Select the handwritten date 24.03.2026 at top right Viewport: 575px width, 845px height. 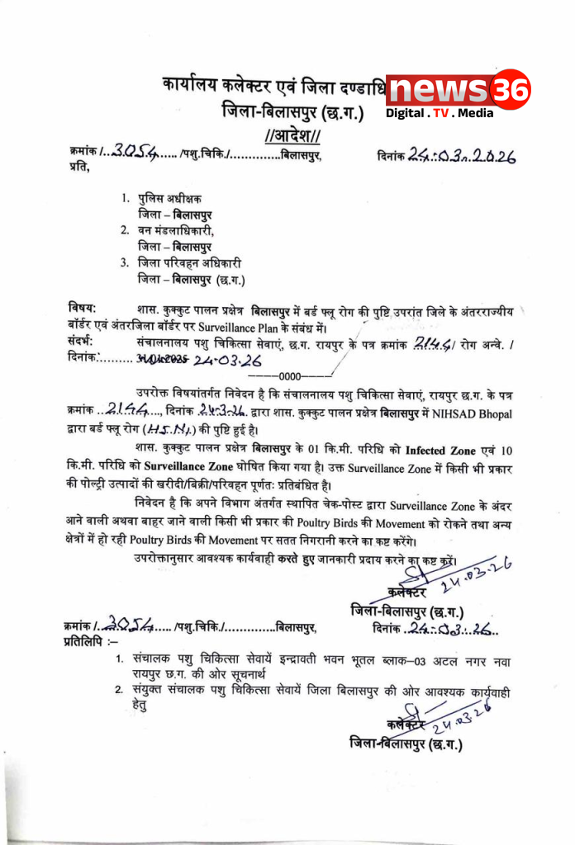pyautogui.click(x=463, y=155)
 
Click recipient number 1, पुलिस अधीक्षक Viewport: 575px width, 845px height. pyautogui.click(x=171, y=199)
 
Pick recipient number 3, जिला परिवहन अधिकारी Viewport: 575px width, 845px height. pyautogui.click(x=190, y=263)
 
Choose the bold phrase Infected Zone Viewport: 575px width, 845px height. pyautogui.click(x=447, y=451)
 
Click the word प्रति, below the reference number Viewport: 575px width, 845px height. pyautogui.click(x=78, y=168)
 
